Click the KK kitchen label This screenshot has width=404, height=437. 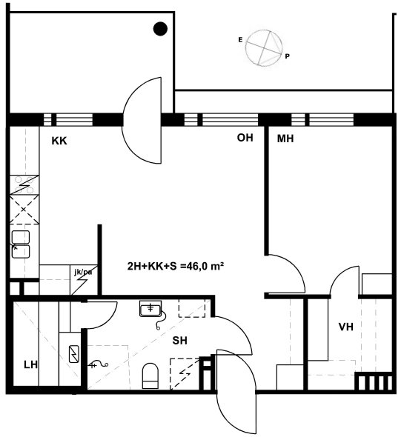tap(59, 141)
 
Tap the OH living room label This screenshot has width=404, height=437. tap(245, 138)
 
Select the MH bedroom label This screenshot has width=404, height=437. tap(285, 139)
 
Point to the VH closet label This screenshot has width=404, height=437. tap(345, 327)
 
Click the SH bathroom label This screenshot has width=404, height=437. tap(179, 340)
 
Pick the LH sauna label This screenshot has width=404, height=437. tap(30, 364)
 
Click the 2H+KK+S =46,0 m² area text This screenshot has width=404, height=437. tap(176, 266)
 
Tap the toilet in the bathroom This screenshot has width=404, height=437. tap(150, 376)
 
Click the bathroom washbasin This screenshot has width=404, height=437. tap(150, 309)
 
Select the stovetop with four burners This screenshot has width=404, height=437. tap(24, 184)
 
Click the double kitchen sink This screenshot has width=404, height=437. tap(21, 244)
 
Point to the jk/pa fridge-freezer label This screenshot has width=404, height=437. tap(83, 272)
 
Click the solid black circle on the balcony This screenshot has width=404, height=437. tap(160, 29)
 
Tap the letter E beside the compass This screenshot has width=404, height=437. tap(240, 40)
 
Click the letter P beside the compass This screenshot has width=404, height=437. tap(287, 56)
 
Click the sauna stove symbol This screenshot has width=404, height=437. tap(74, 354)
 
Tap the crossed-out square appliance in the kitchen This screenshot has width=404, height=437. tap(24, 210)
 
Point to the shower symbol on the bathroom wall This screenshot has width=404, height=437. tap(98, 364)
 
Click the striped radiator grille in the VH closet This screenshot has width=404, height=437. tap(374, 381)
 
